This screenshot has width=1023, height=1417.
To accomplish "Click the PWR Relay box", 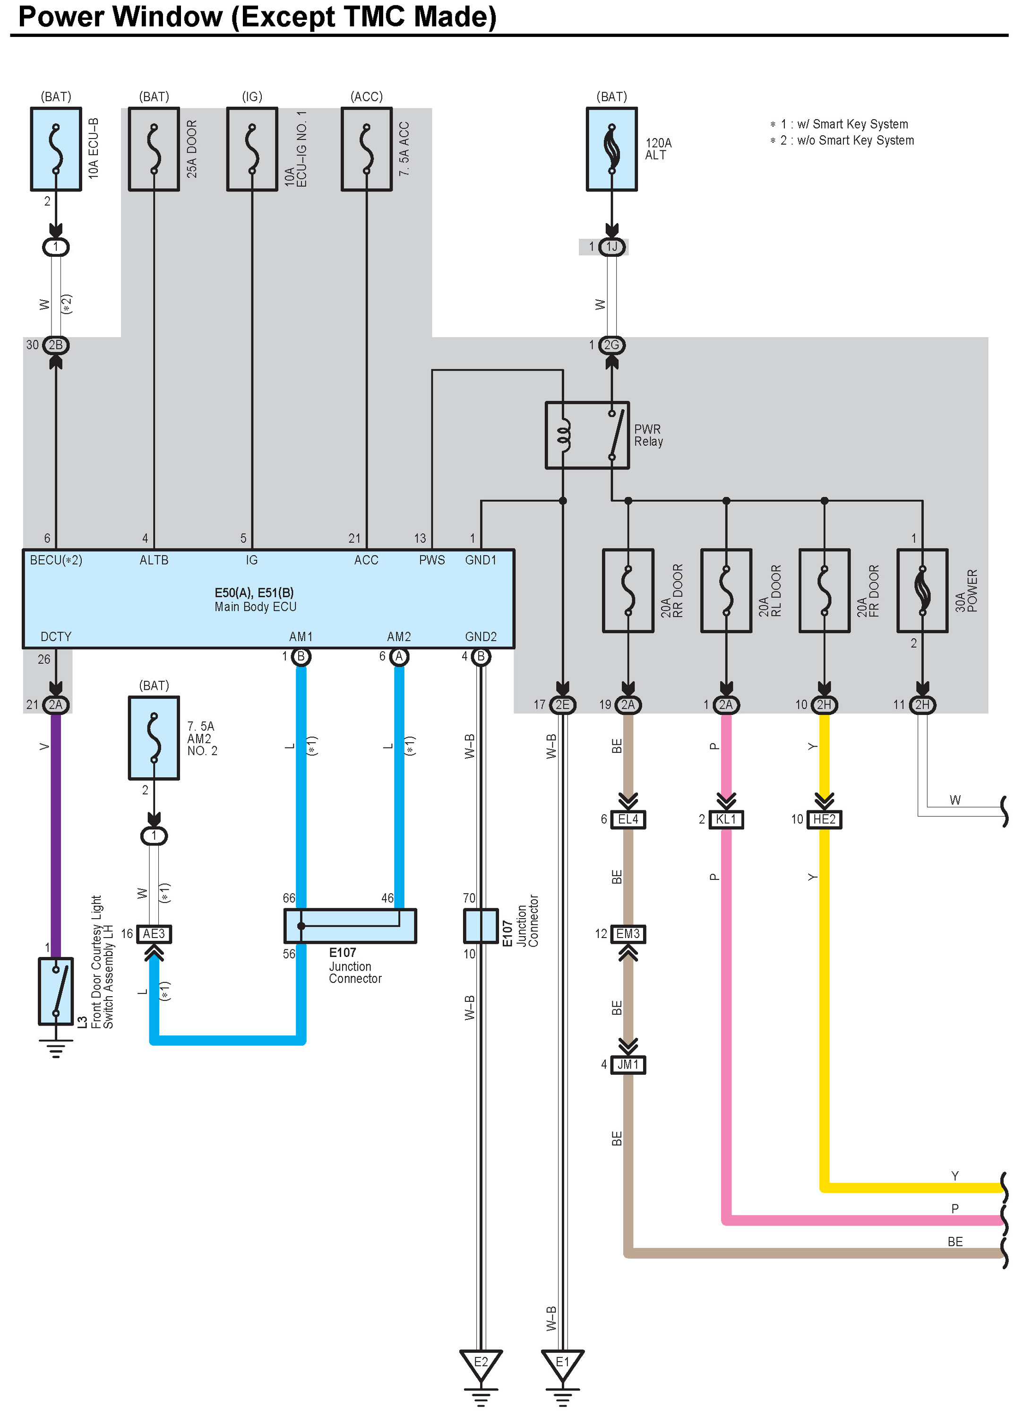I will point(587,435).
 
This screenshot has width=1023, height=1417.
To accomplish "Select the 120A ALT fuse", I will point(611,149).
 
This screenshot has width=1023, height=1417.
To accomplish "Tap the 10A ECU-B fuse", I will point(56,149).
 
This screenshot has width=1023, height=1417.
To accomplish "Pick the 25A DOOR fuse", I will point(154,149).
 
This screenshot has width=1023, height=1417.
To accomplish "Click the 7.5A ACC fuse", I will point(367,149).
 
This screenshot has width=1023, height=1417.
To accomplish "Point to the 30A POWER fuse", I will point(922,591).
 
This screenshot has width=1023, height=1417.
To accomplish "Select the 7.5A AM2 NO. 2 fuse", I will point(154,738).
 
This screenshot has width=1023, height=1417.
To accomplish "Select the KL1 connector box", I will point(726,819).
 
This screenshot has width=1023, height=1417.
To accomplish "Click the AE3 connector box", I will point(154,933).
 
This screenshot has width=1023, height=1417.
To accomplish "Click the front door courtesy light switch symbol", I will point(56,991).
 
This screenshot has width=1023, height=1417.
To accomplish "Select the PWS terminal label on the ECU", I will point(431,560).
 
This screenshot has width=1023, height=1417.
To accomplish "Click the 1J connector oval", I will point(611,247).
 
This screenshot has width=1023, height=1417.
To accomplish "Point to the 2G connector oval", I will point(611,345).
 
